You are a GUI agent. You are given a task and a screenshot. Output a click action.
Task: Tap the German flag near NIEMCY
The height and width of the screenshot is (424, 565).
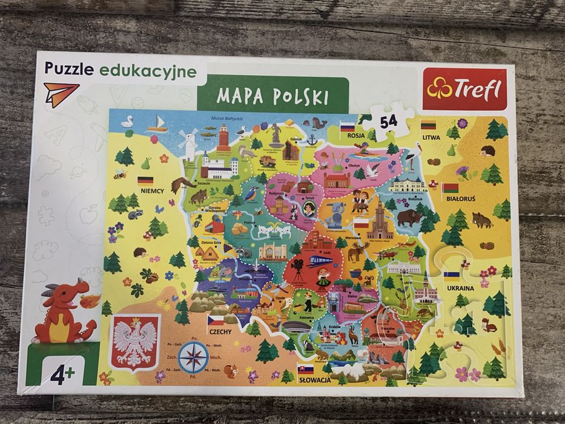pos(145,180)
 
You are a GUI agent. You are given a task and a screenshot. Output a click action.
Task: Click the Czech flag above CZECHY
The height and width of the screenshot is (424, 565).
pos(216,321)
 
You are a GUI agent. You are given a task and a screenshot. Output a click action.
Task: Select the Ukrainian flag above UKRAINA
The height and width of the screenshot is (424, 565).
pos(451,276)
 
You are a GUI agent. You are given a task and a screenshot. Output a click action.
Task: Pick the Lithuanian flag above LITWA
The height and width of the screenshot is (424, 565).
pos(429,125)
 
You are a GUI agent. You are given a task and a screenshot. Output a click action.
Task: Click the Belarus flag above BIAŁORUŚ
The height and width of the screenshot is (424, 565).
pos(450,187)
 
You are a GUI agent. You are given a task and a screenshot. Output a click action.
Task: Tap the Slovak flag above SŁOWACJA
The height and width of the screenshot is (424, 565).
pos(306,368)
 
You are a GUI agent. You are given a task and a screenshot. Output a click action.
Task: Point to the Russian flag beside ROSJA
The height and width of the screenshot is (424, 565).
pos(347,127)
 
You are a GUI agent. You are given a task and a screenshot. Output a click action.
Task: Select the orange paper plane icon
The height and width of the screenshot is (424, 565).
pos(61,93)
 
